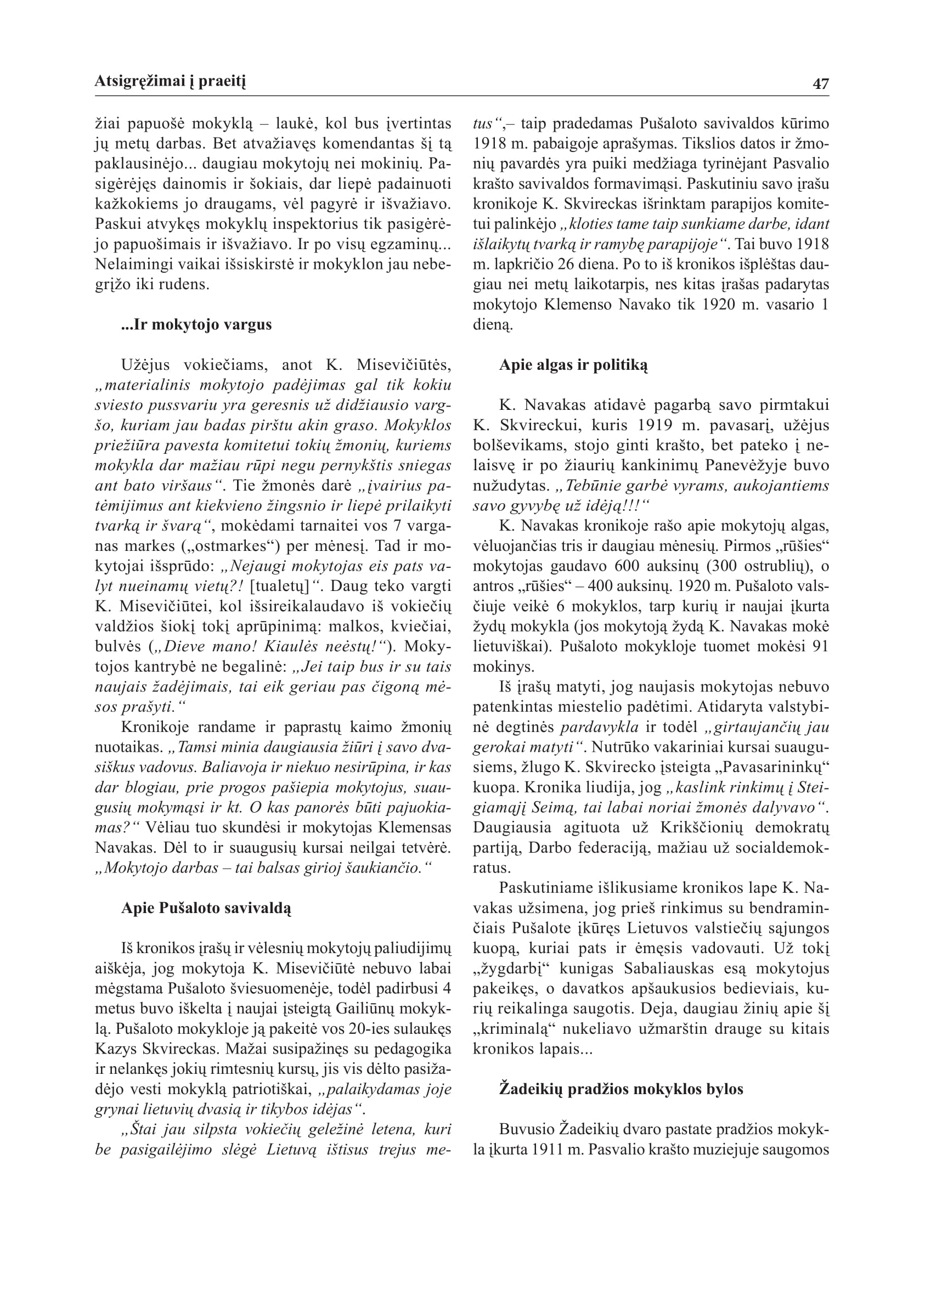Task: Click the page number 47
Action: pos(821,84)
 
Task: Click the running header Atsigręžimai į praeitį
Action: pos(170,82)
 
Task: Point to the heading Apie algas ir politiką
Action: pos(573,365)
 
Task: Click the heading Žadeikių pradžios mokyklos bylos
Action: pos(621,1089)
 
